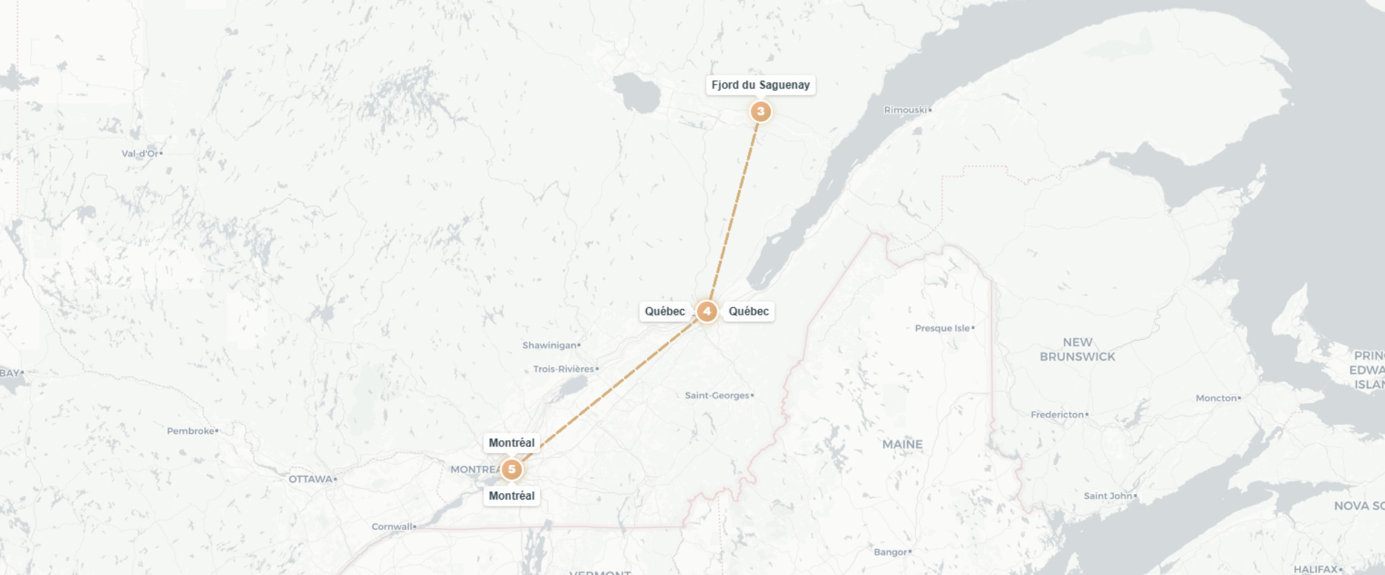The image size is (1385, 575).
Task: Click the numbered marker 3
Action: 760,111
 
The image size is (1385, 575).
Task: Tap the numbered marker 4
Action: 706,311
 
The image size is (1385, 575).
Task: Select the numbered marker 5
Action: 511,469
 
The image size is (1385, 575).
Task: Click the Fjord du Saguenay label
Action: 760,85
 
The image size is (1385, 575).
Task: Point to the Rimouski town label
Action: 906,110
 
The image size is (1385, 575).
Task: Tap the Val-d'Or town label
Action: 140,154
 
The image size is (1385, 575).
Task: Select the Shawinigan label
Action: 550,345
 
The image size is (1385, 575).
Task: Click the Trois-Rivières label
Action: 564,369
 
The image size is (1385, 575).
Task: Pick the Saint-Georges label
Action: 717,396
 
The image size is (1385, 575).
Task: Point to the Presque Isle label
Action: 942,328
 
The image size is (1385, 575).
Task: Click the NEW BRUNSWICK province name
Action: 1078,349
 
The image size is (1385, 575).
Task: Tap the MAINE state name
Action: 902,444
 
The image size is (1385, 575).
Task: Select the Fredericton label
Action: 1057,414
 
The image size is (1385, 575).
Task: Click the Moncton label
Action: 1216,398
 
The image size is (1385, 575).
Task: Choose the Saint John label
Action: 1108,495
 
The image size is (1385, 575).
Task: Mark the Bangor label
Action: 891,552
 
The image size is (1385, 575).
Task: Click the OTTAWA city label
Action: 311,479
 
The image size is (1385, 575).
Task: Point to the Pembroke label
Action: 191,431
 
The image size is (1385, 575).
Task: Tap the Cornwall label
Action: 392,527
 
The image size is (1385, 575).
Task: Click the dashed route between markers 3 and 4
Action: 734,211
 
